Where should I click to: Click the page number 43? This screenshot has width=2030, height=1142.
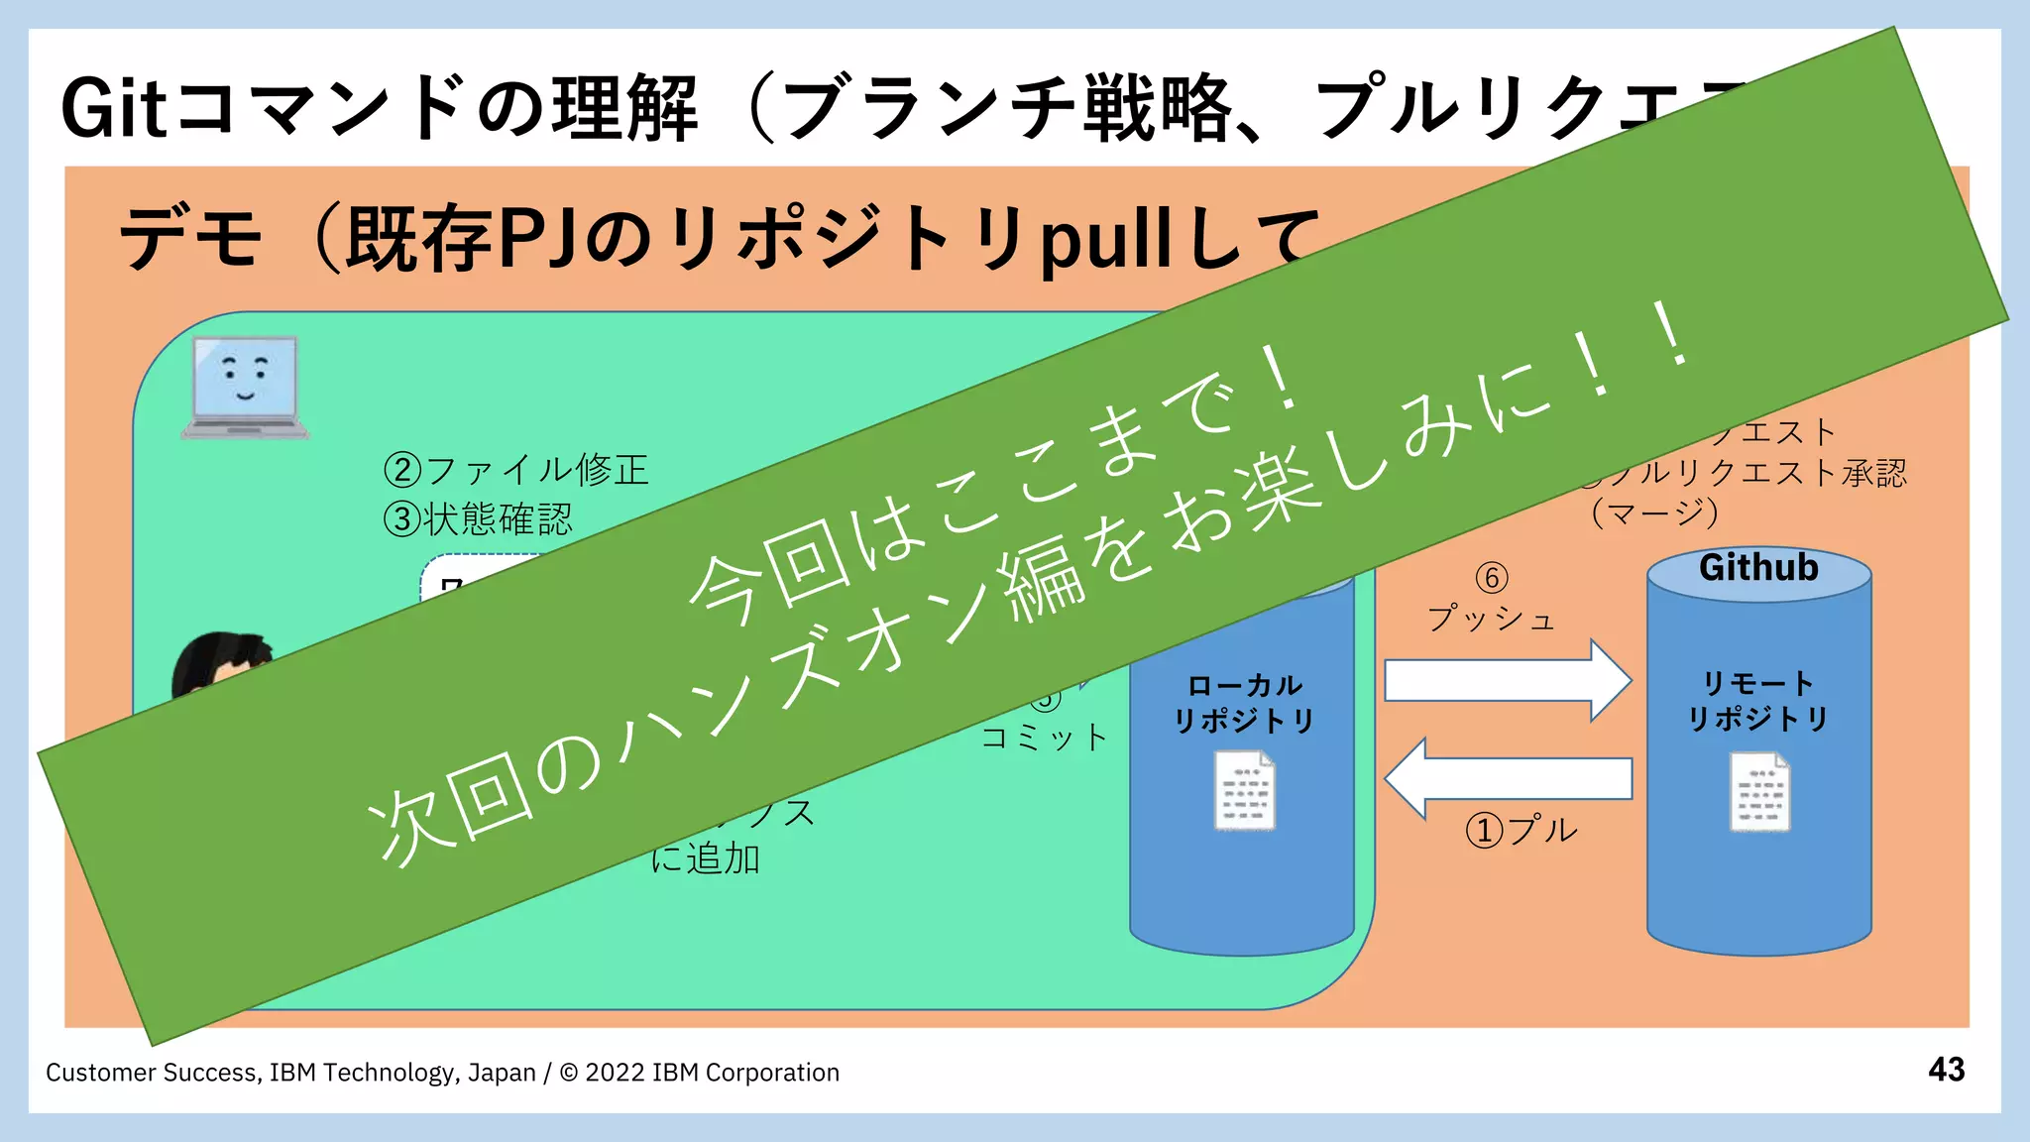pos(1946,1070)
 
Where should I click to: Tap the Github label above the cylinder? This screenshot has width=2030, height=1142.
pos(1758,568)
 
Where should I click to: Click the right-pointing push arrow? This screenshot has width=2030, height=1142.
pos(1507,680)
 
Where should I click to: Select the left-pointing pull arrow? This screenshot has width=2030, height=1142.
pos(1507,778)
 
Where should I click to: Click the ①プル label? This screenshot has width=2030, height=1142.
pos(1522,830)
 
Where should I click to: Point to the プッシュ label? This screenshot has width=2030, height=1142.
pos(1491,620)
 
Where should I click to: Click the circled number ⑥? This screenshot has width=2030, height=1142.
pos(1491,577)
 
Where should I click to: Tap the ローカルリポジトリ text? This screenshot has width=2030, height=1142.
pos(1244,703)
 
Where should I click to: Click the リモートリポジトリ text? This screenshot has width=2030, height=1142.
pos(1758,701)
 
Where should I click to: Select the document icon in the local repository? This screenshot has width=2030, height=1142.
pos(1244,790)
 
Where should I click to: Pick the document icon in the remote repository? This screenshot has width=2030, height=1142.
pos(1759,791)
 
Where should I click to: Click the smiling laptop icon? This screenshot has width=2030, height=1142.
pos(245,387)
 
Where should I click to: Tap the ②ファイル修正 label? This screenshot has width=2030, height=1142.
pos(516,469)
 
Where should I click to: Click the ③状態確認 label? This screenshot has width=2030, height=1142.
pos(479,518)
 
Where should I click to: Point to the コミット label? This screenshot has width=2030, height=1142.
pos(1044,738)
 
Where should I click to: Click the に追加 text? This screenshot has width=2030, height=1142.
pos(706,858)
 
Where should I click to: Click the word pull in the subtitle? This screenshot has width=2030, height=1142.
pos(1105,240)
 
